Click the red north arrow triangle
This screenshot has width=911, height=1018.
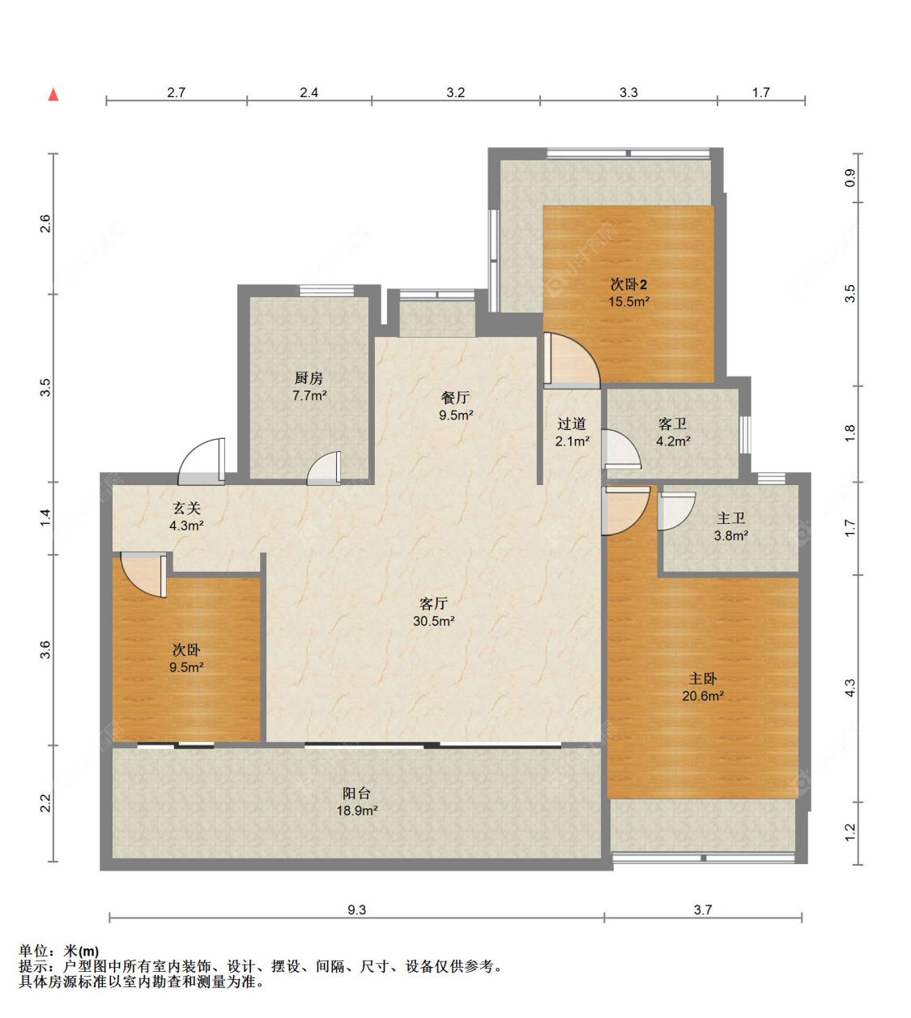(x=53, y=95)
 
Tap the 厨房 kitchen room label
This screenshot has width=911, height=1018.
(x=309, y=386)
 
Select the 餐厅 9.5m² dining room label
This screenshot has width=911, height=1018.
(x=456, y=406)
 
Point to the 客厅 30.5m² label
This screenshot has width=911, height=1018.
(x=434, y=611)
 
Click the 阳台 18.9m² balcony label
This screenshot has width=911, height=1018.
(x=357, y=802)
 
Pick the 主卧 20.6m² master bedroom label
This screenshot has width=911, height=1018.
(x=702, y=687)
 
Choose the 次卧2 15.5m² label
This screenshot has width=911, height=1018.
(x=628, y=292)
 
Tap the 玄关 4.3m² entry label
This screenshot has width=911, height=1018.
(x=186, y=517)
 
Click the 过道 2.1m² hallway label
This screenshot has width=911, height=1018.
(x=572, y=432)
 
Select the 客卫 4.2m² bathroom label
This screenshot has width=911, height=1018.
(x=673, y=432)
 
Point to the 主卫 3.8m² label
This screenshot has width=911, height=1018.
(x=730, y=526)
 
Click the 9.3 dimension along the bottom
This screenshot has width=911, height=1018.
(x=356, y=909)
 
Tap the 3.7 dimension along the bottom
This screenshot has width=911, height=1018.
(x=702, y=909)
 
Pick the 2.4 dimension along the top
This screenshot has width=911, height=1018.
(x=309, y=92)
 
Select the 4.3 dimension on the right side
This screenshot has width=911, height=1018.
(x=849, y=688)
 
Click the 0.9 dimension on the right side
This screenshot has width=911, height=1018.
(x=849, y=178)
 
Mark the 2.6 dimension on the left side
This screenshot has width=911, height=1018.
(x=45, y=224)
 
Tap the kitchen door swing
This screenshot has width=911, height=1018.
(x=324, y=468)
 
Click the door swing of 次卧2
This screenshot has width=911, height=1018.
(x=573, y=361)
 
